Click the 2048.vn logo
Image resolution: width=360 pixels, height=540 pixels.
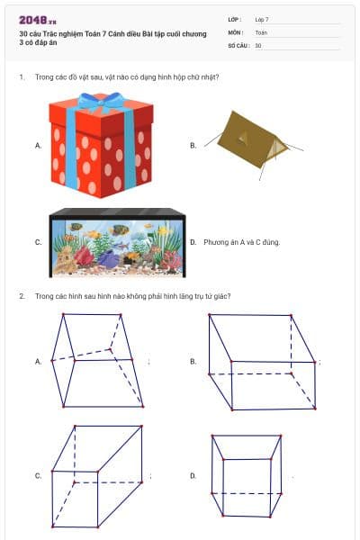point(38,20)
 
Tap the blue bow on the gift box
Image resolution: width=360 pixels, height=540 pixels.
point(102,101)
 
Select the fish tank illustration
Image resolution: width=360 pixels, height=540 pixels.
point(118,242)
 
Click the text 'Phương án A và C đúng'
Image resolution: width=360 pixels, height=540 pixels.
point(241,242)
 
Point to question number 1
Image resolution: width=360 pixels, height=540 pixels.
point(22,77)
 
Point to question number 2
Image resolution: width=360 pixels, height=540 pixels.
point(22,296)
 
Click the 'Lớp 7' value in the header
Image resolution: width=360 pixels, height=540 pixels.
point(262,20)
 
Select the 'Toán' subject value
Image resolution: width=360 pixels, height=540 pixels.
point(261,32)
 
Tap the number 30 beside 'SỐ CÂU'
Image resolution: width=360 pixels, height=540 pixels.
point(258,46)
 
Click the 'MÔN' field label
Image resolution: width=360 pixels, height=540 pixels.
point(236,32)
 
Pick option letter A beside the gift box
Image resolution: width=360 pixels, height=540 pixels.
point(38,146)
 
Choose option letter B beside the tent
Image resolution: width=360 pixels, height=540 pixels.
point(193,146)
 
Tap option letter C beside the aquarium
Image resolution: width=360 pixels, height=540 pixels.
point(38,242)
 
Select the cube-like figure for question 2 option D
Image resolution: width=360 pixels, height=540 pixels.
point(247,476)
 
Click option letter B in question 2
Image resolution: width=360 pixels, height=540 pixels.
point(193,361)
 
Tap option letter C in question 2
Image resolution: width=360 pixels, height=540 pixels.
point(38,475)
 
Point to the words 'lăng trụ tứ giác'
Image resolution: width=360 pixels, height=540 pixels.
point(202,296)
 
